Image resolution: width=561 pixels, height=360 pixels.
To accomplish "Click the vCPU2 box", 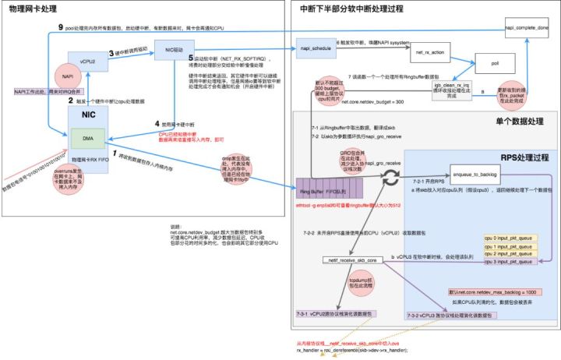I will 87,59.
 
